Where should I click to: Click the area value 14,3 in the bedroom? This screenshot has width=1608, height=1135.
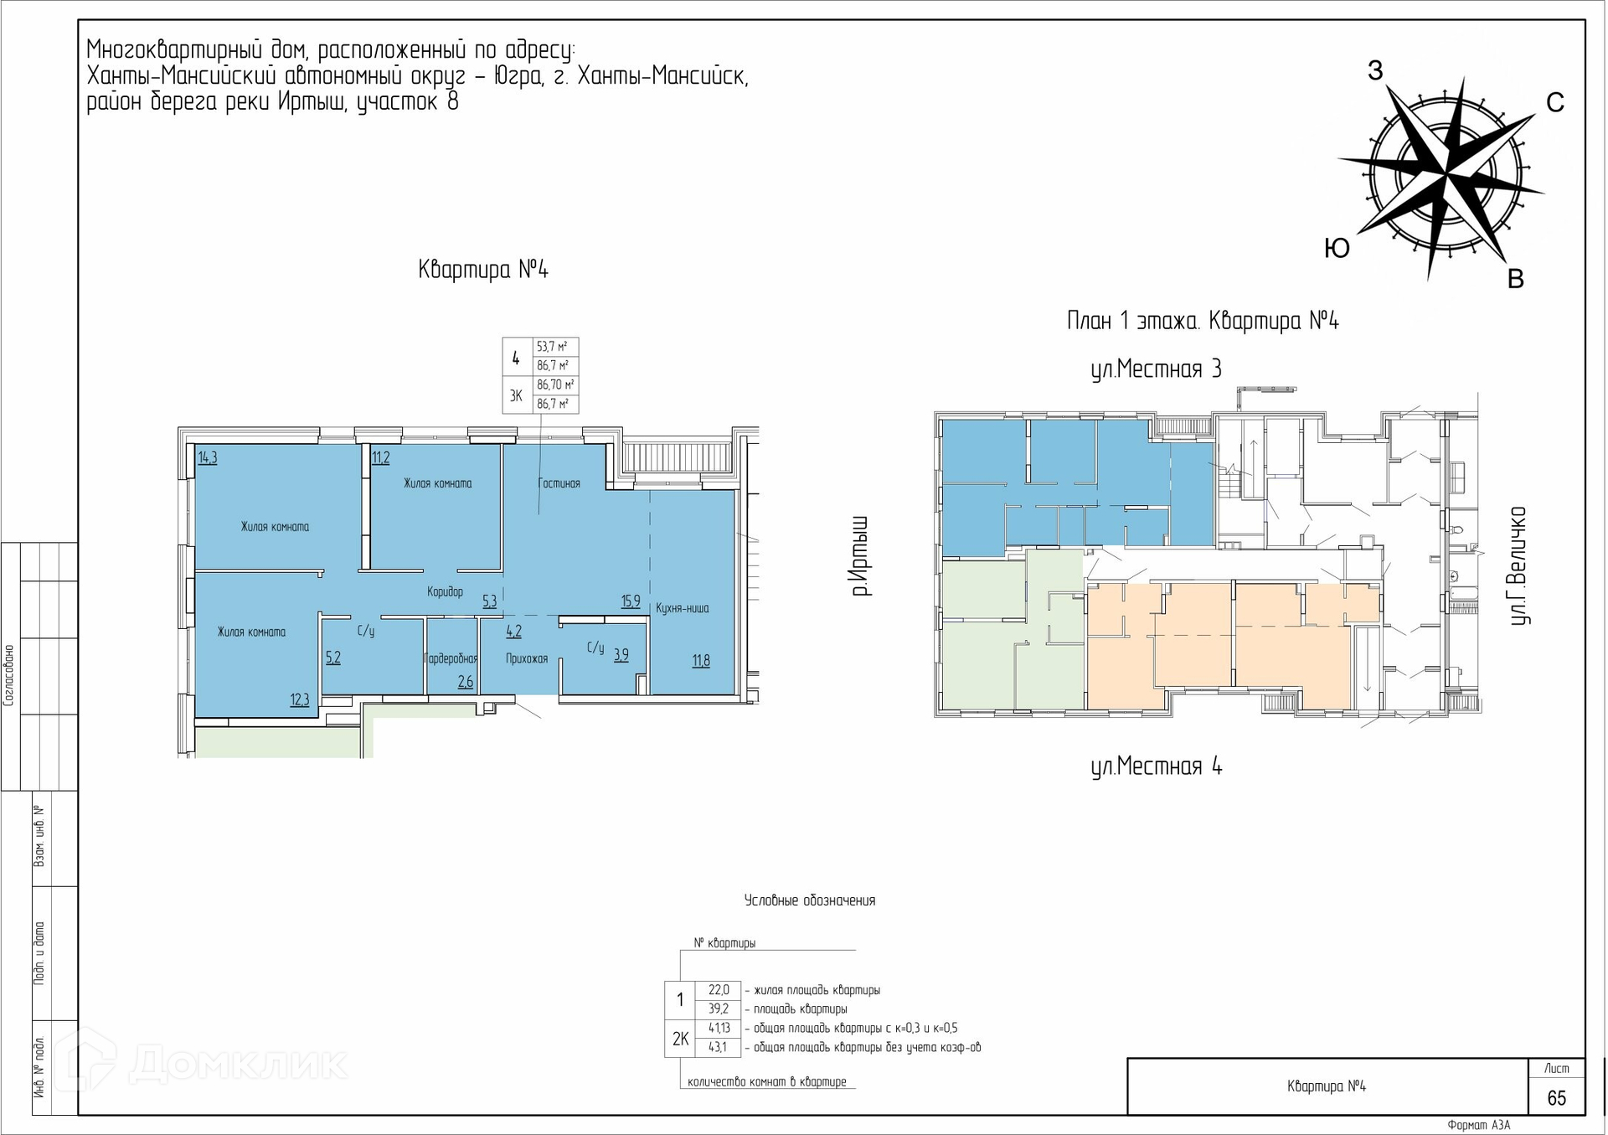(208, 458)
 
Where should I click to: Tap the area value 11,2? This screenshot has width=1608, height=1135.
(381, 458)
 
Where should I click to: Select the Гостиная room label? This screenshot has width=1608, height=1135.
(559, 483)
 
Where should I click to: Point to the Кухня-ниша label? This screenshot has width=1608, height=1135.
(683, 608)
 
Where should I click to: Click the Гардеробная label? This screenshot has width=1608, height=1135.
(451, 658)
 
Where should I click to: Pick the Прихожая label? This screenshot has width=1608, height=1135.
(527, 658)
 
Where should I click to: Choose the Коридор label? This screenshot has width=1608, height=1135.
(445, 591)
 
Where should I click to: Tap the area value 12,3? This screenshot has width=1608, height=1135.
(300, 700)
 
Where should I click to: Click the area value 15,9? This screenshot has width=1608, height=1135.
(631, 601)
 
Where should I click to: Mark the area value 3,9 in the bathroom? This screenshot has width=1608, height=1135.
(621, 656)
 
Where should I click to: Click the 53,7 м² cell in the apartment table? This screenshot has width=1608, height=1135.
(553, 347)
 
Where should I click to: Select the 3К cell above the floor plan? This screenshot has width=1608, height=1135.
(516, 395)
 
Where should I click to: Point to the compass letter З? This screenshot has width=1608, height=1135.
(1375, 71)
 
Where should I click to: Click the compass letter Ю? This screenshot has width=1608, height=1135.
(1337, 249)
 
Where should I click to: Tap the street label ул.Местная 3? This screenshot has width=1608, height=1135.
(1156, 369)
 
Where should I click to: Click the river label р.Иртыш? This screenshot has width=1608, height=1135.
(861, 556)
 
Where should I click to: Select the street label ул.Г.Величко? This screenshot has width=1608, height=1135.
(1518, 566)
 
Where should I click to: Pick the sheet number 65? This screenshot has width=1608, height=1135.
(1556, 1098)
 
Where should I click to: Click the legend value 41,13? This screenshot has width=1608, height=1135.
(719, 1028)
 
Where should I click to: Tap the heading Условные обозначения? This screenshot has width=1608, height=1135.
(810, 900)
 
